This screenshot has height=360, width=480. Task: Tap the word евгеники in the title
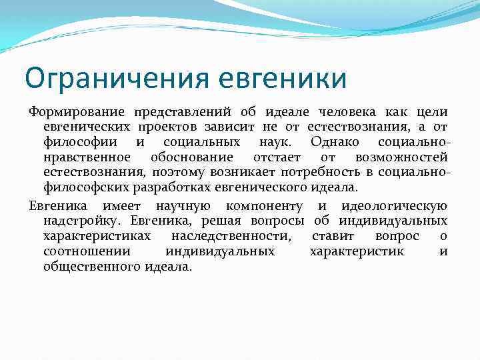point(287,79)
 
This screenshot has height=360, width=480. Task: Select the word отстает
point(277,157)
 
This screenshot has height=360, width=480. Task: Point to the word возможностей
point(401,157)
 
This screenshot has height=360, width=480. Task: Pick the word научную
point(184,206)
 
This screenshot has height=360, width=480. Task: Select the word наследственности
point(230,236)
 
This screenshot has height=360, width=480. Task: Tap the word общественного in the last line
point(100,267)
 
